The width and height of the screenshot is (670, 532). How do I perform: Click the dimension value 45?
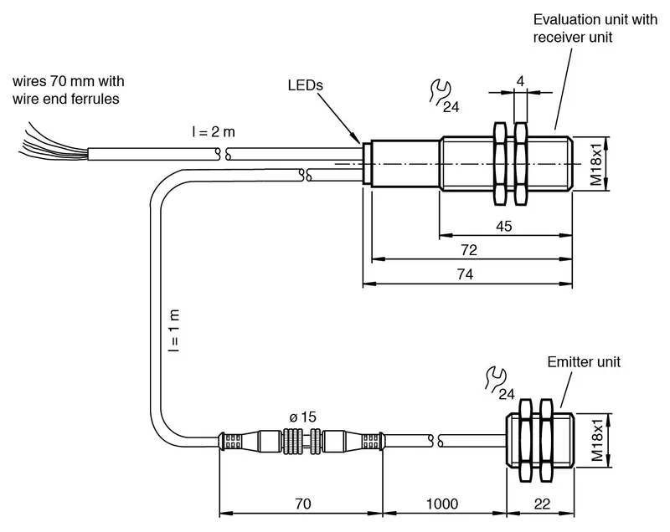[x=504, y=226]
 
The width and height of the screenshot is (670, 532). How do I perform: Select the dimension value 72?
[x=469, y=249]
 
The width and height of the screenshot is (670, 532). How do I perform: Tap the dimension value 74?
[x=465, y=274]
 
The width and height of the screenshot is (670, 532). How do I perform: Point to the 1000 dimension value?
[x=442, y=504]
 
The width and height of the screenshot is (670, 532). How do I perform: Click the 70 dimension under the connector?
[x=303, y=504]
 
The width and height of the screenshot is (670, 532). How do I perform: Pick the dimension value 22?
[x=542, y=504]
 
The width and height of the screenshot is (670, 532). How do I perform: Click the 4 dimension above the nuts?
[x=520, y=81]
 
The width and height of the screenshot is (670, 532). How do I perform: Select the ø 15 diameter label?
[x=302, y=417]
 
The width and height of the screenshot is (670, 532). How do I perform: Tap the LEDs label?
[x=305, y=84]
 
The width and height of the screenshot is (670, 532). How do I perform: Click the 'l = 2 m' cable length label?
[x=214, y=132]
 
